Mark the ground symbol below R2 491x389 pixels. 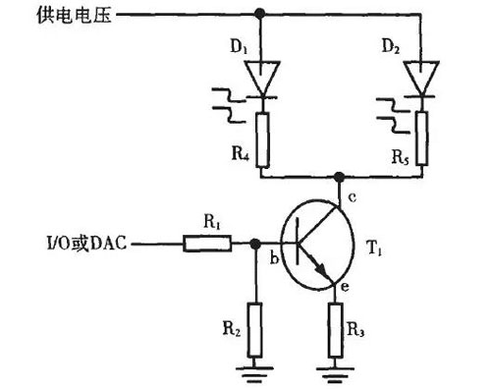coord(256,372)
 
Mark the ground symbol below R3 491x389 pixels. coord(338,372)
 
